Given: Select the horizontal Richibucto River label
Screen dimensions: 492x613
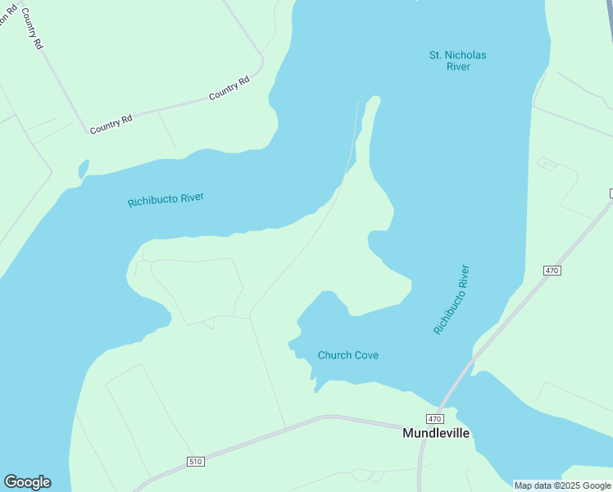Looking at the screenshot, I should tap(166, 200).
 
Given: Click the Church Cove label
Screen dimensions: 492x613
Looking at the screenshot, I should tap(347, 355).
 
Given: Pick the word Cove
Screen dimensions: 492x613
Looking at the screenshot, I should tap(366, 355).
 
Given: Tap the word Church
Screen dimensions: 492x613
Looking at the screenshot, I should tap(334, 355).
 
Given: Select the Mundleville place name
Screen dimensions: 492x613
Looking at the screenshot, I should tap(436, 433).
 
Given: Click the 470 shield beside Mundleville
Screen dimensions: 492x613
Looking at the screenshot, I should tap(434, 418).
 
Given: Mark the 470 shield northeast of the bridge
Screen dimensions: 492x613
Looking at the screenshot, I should tap(551, 271).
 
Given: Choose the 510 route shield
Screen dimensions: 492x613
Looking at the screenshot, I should tap(195, 462).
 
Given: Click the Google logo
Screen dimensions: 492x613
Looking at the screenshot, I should tap(27, 482).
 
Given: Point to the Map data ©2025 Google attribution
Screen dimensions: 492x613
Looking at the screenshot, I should tap(563, 485).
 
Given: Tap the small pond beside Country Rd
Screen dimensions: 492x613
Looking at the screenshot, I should tap(83, 169).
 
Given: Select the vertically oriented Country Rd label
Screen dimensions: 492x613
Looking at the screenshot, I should tap(32, 30).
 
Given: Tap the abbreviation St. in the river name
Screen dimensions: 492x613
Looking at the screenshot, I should tap(436, 55).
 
